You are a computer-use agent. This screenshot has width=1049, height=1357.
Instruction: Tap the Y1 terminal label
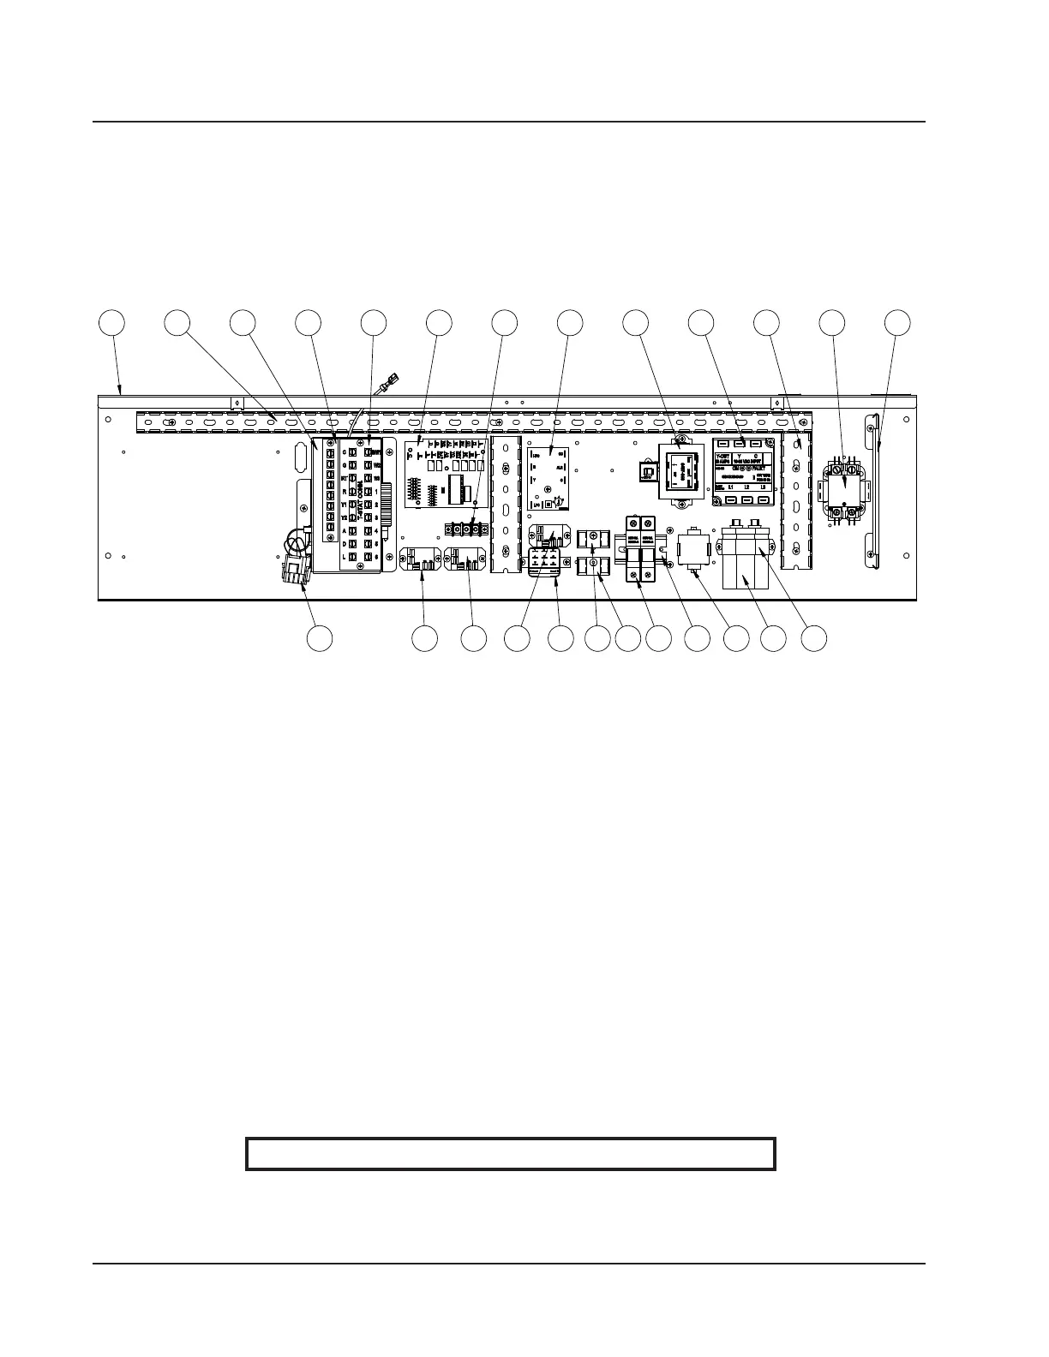(x=344, y=505)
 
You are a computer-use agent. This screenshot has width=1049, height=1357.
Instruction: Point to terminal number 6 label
(x=377, y=557)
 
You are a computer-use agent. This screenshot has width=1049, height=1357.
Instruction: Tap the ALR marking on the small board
(x=560, y=469)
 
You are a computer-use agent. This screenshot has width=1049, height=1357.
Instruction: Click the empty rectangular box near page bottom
(x=511, y=1153)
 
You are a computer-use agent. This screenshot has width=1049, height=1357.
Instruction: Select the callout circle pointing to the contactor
(x=831, y=322)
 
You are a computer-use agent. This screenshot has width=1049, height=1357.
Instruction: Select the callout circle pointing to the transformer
(x=636, y=322)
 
